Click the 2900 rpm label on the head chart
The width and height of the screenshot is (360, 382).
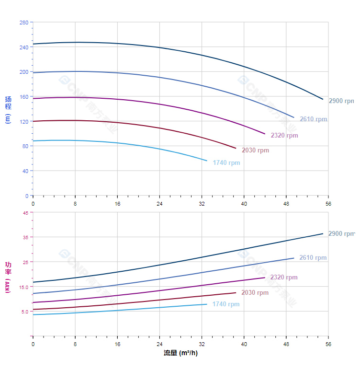[341, 101]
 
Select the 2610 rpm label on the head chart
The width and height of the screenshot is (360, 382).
[314, 119]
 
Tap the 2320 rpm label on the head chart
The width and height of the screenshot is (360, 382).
[284, 135]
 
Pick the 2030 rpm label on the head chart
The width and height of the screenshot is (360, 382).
[255, 150]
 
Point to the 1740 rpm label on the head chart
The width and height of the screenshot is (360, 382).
[226, 163]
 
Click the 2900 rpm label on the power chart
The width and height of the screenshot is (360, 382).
[341, 234]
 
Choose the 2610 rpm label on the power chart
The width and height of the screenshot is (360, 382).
[313, 258]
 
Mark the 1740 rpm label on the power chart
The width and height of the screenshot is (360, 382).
[226, 304]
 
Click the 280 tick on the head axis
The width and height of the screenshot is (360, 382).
[23, 23]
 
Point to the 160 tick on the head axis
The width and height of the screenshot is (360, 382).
[23, 97]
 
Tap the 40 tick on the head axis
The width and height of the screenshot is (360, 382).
[25, 171]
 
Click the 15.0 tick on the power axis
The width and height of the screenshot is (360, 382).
[23, 287]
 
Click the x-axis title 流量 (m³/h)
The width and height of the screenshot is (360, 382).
[180, 353]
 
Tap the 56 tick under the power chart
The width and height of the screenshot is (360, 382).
[328, 344]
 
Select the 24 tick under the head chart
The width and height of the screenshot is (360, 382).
[159, 204]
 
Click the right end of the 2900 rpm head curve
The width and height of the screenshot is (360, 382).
[323, 99]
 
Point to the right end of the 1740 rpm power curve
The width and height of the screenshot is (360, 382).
[207, 304]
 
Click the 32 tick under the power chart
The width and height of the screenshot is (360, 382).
[202, 344]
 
